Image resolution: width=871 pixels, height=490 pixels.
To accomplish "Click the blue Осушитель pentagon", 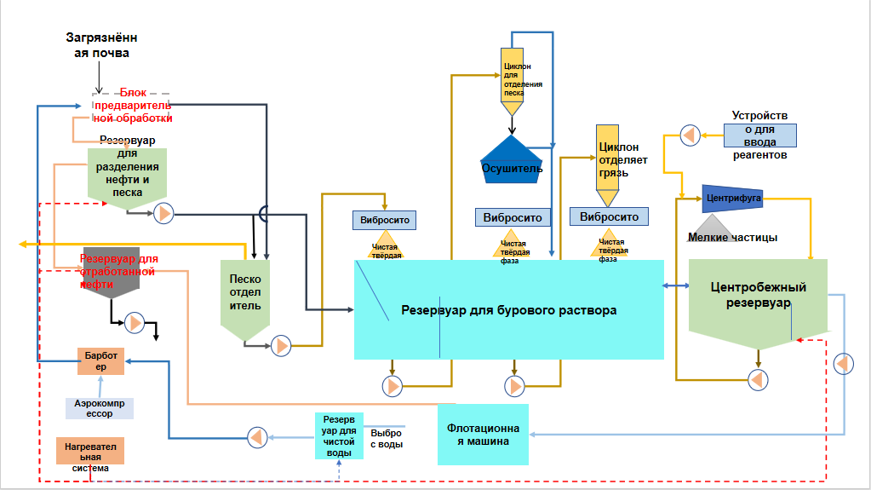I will click(x=512, y=160).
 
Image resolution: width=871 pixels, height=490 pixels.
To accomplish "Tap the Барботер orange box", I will click(x=100, y=361).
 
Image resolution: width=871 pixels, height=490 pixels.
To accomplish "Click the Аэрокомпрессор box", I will click(x=100, y=407).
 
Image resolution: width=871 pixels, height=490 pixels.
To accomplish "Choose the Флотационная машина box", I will click(x=483, y=434).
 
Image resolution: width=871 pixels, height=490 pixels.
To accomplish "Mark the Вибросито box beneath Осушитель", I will click(x=513, y=217).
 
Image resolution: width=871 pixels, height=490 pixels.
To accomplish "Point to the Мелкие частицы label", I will click(x=732, y=238).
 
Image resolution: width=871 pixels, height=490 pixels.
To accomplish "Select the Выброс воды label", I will click(x=387, y=438).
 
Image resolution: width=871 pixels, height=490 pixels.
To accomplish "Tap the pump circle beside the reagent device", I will click(x=689, y=135).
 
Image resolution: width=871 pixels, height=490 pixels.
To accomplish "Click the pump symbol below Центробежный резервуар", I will click(x=756, y=378).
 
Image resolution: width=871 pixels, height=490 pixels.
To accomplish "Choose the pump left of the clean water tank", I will click(x=257, y=437).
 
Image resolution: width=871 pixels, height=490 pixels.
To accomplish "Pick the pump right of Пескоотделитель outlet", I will click(x=281, y=345).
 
